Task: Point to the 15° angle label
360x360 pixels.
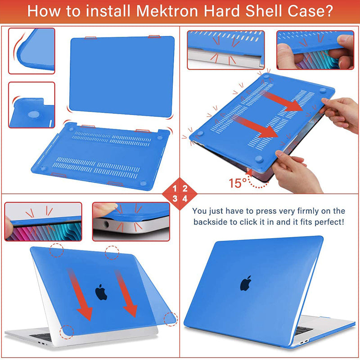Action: (238, 183)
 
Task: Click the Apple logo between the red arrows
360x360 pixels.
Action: (101, 292)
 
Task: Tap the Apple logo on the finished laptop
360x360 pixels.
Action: (245, 283)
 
